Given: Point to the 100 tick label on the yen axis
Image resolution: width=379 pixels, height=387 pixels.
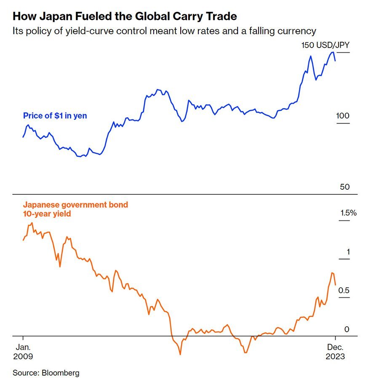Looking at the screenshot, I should coord(343,116).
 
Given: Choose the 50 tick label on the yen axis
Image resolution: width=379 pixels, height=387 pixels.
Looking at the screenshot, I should coord(345,187).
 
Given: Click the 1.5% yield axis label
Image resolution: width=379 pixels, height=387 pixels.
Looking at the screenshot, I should coord(348,213).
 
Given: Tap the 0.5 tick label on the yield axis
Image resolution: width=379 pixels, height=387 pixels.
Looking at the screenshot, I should coord(344,290).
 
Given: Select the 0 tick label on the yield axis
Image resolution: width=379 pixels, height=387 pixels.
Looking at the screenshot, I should coord(347,329).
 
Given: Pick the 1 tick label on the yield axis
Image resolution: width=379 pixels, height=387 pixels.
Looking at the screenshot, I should coord(348,252).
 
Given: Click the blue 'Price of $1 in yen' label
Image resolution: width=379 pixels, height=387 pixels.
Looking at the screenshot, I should coord(55,116).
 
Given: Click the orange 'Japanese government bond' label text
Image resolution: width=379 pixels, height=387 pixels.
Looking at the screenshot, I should coord(75,205).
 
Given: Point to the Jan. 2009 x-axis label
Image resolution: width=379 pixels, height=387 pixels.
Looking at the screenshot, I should coord(23,352).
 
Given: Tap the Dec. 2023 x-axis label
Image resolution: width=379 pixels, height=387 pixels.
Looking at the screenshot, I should coord(335,352).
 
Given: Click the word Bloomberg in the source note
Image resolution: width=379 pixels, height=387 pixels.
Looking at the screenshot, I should coord(61,373).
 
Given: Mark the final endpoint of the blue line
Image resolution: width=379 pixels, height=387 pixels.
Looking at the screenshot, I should coord(335,61).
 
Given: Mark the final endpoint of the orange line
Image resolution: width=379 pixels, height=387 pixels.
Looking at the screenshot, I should coord(335,285).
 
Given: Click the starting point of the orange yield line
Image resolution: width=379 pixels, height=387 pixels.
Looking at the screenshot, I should coord(23,240).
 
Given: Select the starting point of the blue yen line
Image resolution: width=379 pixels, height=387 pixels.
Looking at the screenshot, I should coord(23,137).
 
